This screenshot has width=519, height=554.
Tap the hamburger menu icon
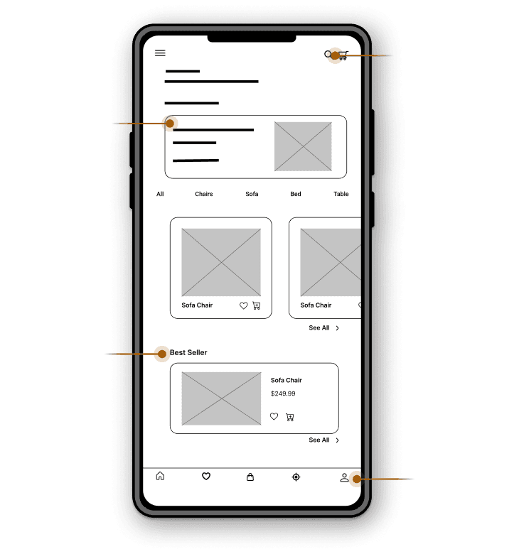160,53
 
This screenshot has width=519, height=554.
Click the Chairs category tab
204,194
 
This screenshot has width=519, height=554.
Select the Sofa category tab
252,194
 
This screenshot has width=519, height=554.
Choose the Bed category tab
296,194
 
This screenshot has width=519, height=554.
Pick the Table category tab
341,194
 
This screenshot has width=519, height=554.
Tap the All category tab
160,194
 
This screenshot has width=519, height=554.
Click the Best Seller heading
188,352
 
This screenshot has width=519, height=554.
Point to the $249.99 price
283,393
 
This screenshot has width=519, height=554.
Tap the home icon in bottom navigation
160,476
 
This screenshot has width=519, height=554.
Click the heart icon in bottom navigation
206,477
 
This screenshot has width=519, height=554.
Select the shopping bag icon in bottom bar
250,477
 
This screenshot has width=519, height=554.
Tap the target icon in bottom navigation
296,477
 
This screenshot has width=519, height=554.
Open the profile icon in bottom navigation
344,478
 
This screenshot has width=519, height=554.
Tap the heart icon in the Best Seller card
274,416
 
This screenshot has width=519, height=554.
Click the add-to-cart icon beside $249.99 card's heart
290,417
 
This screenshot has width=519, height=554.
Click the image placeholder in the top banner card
303,146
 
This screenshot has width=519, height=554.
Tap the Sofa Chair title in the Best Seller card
287,380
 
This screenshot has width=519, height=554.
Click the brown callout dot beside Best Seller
162,354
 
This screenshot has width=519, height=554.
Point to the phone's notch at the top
252,38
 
